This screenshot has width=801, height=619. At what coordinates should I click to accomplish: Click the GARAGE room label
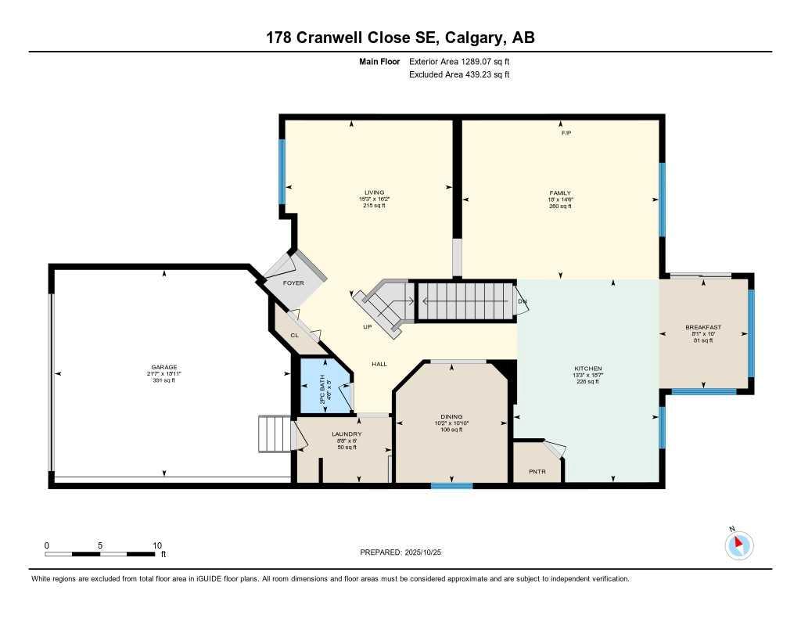tap(164, 367)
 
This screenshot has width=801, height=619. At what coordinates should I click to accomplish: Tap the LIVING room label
tap(374, 193)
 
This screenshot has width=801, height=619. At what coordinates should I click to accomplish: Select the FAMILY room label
tap(559, 193)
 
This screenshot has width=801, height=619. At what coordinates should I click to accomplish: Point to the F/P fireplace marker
tap(566, 133)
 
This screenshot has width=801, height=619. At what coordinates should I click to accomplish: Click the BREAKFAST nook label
tap(702, 327)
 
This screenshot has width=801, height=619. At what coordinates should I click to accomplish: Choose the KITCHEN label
tap(587, 368)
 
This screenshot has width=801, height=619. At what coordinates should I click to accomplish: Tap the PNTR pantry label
tap(536, 471)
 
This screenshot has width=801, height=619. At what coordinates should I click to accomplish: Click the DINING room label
tap(451, 416)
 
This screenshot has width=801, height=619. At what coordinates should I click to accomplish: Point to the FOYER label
tap(293, 283)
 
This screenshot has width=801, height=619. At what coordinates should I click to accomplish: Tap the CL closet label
tap(294, 335)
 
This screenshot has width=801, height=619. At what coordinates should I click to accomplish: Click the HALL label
tap(379, 364)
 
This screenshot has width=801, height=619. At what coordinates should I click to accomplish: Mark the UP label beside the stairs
tap(367, 326)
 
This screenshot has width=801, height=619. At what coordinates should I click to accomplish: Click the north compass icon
tap(738, 545)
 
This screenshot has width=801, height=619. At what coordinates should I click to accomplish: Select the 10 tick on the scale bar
tap(156, 545)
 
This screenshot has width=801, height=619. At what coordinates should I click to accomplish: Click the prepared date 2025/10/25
tap(428, 552)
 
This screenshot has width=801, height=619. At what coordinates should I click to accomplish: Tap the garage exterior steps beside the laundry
tap(273, 434)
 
